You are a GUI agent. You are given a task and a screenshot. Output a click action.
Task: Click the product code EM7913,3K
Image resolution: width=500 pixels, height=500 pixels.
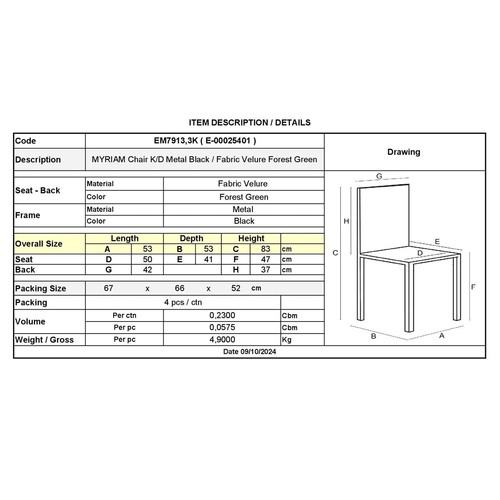point(176,141)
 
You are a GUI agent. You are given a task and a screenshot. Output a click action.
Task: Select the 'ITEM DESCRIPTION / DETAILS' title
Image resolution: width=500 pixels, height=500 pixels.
point(250,123)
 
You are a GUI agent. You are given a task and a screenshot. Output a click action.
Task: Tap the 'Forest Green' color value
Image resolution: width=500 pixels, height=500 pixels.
point(243,197)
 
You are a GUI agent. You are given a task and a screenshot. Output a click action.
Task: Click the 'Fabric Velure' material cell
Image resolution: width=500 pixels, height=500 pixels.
point(243,184)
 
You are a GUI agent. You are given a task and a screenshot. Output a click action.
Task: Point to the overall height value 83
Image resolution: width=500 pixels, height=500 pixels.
point(265,249)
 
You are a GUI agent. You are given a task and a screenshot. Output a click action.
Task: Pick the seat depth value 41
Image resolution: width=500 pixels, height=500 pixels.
point(208,259)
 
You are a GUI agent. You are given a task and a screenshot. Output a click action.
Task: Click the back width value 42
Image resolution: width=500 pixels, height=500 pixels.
point(147,270)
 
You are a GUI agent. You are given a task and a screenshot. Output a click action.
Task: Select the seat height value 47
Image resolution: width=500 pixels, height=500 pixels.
point(265,259)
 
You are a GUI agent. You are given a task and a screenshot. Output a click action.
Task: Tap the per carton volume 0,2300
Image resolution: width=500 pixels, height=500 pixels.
point(222,315)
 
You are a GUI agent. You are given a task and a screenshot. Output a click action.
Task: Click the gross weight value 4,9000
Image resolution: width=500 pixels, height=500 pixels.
point(222,340)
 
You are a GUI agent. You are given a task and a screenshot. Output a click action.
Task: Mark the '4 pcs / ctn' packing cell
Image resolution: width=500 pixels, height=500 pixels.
point(183,302)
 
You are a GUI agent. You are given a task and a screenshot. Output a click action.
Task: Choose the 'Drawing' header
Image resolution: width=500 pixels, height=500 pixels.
point(403,152)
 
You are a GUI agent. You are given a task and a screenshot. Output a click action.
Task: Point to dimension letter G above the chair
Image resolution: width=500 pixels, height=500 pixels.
point(379,176)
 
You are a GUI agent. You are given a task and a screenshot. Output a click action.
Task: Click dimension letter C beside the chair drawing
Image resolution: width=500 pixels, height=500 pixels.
point(335,253)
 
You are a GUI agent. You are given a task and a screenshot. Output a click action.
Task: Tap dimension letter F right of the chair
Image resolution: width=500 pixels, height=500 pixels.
point(473,287)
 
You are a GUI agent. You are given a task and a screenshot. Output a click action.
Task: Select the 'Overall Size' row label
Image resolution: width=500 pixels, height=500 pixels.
point(38,244)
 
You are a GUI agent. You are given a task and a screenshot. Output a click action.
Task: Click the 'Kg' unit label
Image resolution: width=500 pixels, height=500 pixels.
point(287,340)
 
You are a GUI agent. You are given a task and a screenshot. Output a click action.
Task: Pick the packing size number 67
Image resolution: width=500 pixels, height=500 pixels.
point(108,288)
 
